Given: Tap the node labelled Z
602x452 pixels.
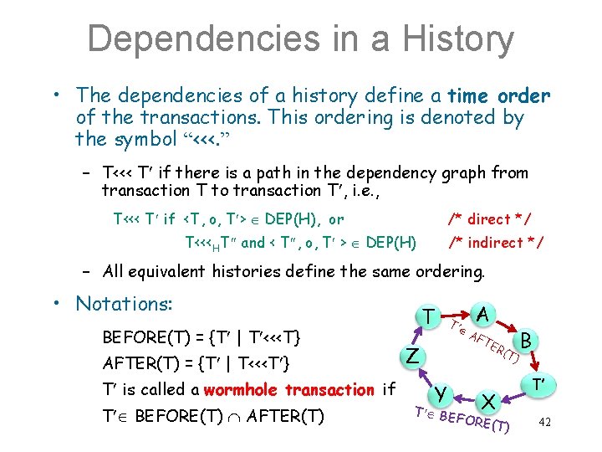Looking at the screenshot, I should [x=412, y=356].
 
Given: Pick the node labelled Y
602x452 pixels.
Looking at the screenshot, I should [x=440, y=394].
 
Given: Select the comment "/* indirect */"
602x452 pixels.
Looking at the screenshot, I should [x=497, y=243].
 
